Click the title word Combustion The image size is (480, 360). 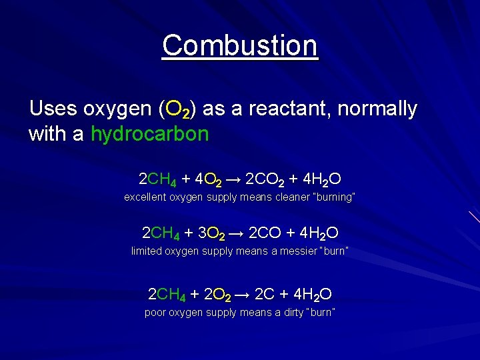coord(240,46)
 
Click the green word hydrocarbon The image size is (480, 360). coord(149,134)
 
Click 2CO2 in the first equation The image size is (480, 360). coord(265,179)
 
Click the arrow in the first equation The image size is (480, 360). coord(233,179)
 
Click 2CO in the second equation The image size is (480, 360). coord(266,233)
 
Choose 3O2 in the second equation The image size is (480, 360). coord(211,233)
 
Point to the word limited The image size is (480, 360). coord(145,251)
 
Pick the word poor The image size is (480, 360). coord(155,313)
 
